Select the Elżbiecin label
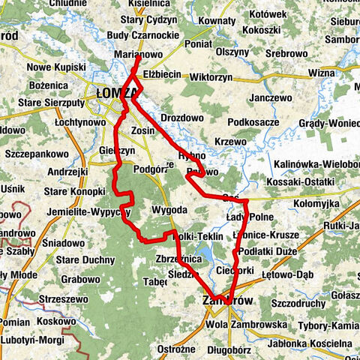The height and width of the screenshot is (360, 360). (x=162, y=75)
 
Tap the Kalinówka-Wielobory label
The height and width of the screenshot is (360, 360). (x=319, y=163)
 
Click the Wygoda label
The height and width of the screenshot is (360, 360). (x=169, y=210)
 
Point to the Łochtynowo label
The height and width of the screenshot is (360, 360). (x=80, y=121)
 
